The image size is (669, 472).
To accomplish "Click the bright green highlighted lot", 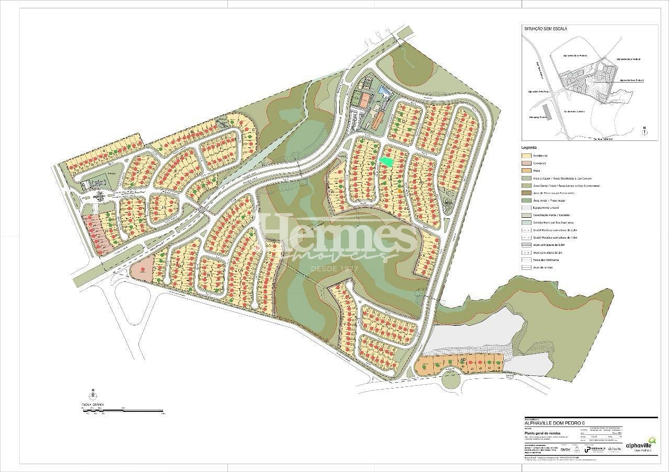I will click(x=386, y=161).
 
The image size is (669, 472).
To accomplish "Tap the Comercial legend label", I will click(x=540, y=163).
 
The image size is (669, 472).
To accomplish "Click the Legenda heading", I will click(x=529, y=148).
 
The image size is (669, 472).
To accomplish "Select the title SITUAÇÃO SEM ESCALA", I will click(x=545, y=29).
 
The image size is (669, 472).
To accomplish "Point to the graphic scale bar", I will click(x=123, y=411).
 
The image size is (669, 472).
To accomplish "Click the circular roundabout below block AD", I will click(x=452, y=380).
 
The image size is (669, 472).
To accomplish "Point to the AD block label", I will click(x=462, y=360).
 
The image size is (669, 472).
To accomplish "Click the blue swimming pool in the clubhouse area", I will click(x=386, y=92).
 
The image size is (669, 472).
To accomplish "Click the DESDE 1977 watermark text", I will click(x=334, y=268).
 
